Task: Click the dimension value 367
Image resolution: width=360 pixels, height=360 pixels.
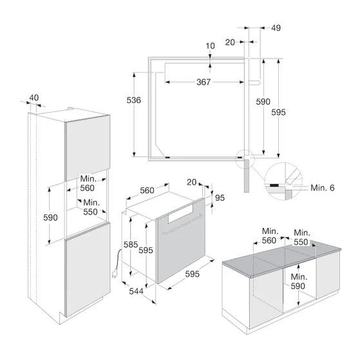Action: [204, 82]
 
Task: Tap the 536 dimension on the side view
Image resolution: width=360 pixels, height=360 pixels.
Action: [133, 100]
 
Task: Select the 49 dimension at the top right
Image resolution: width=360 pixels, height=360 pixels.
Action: [276, 28]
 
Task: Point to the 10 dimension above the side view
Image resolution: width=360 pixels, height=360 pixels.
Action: [210, 46]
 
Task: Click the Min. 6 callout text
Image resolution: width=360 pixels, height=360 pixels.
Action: [323, 188]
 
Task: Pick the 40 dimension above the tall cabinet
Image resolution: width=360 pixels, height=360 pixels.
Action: [34, 98]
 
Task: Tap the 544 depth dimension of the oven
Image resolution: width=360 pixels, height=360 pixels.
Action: [136, 291]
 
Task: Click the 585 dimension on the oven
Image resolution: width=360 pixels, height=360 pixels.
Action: [130, 245]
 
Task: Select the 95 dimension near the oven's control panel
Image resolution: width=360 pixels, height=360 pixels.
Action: [220, 198]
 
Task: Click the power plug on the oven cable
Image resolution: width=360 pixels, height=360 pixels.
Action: [114, 274]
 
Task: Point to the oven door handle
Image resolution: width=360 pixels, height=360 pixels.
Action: [182, 225]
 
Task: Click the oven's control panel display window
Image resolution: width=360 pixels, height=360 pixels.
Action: [180, 214]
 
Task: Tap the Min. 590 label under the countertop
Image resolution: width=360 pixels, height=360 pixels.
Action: [298, 281]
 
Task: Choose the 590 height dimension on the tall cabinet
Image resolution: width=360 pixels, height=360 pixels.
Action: [50, 218]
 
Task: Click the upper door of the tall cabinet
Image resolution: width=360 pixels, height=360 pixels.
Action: [88, 148]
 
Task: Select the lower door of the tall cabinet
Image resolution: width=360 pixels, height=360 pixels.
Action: [88, 270]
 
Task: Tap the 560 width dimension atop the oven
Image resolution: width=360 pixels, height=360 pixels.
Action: [147, 191]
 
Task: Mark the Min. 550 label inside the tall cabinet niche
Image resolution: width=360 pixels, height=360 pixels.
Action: [91, 207]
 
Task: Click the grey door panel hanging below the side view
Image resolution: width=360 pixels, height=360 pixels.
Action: [247, 176]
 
